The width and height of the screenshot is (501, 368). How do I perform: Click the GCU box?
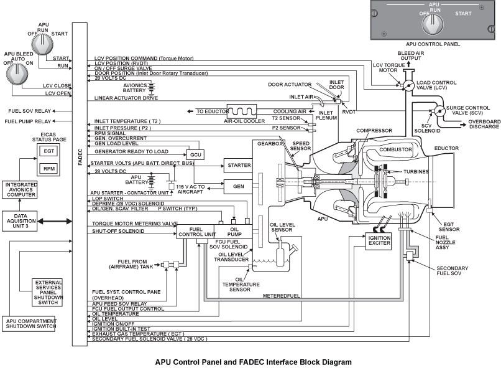pos(196,154)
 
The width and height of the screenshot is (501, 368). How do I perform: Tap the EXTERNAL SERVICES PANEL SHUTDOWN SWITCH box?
pos(48,293)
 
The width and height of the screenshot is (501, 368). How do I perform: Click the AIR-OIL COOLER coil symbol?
pos(246,110)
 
